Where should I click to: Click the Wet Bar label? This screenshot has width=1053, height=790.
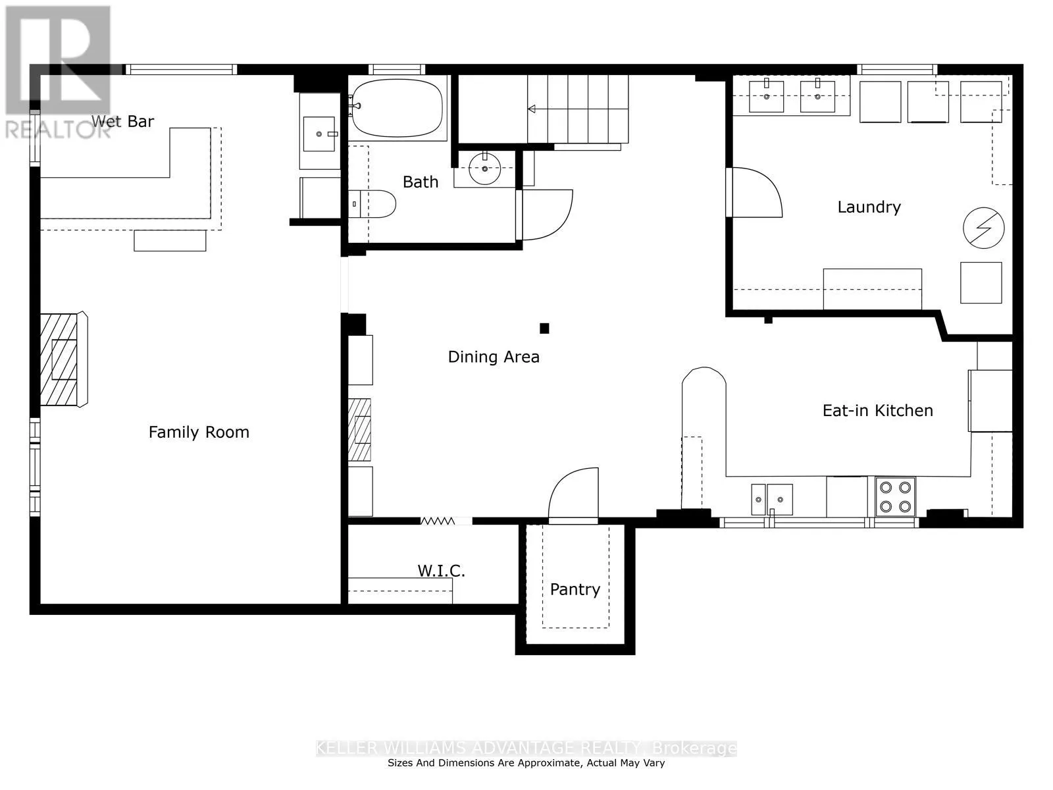click(x=122, y=121)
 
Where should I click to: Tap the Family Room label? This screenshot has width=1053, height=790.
click(x=199, y=432)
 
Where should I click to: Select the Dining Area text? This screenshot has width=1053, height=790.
click(x=494, y=357)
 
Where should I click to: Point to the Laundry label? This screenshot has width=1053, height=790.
click(x=869, y=207)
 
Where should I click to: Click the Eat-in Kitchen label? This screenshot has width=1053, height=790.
click(x=877, y=411)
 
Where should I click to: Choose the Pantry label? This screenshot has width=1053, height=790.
click(x=575, y=589)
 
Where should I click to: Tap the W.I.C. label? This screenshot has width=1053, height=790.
click(x=441, y=571)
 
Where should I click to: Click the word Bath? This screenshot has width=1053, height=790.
click(x=421, y=182)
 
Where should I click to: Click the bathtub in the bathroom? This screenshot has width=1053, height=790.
click(x=397, y=108)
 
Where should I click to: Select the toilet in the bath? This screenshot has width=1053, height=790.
click(x=372, y=204)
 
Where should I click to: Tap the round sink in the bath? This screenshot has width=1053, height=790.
click(x=484, y=169)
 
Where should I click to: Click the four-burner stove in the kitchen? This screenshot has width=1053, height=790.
click(x=895, y=496)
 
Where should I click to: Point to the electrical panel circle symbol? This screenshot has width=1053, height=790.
click(x=983, y=228)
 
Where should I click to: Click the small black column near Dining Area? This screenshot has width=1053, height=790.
click(x=544, y=329)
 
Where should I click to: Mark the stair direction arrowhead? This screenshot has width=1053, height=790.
click(x=531, y=109)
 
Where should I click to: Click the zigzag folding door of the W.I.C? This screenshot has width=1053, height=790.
click(x=438, y=521)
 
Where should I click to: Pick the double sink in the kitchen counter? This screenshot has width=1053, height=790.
click(x=772, y=499)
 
